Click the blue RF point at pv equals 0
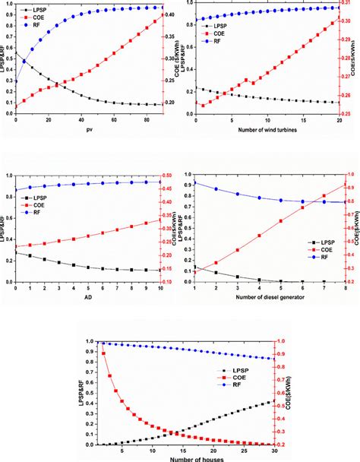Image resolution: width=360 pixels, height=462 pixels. point(16,81)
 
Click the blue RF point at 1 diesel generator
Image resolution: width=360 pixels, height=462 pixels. point(195,182)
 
